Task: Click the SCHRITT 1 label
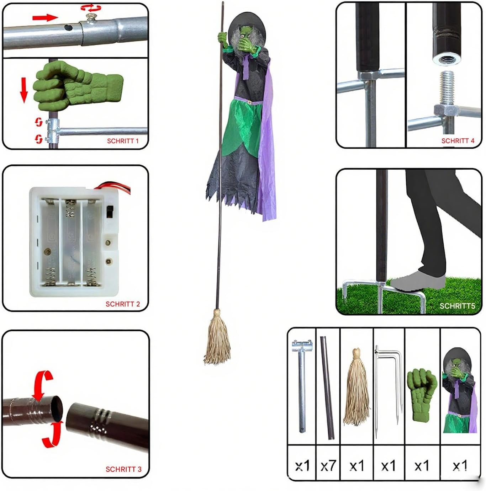[123, 141]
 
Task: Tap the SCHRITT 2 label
[123, 304]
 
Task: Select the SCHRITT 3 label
[123, 469]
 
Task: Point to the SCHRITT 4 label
[458, 141]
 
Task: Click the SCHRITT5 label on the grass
[458, 306]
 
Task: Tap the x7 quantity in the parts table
[328, 465]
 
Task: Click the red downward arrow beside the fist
[24, 90]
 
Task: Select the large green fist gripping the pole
[78, 86]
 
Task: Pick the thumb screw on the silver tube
[90, 18]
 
